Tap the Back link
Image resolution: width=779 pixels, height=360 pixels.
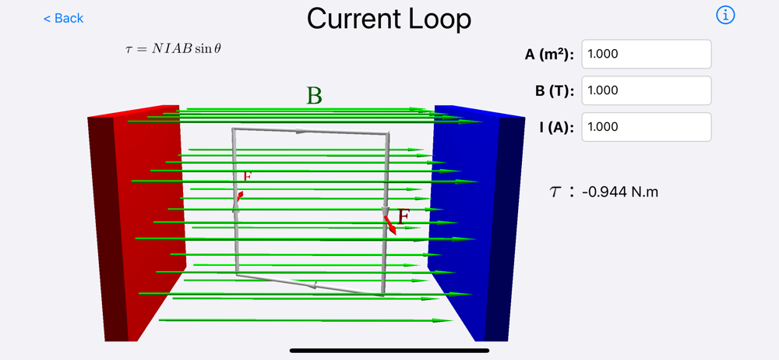pos(63,18)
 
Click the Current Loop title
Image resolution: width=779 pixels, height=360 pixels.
pos(389,19)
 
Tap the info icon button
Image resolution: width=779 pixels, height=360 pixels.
pos(725,15)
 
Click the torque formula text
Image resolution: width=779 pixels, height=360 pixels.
pos(173,48)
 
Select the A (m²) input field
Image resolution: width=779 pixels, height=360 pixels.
pos(646,55)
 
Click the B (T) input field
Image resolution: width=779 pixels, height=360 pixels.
pos(646,90)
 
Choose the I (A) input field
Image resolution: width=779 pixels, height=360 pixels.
pos(646,127)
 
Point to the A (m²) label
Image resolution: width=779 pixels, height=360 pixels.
pos(549,55)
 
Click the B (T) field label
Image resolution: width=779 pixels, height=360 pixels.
pos(555,90)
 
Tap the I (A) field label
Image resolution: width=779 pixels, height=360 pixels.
pos(556,127)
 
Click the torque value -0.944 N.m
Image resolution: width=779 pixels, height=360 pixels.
pos(619,191)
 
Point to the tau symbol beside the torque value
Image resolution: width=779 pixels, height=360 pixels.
pos(555,192)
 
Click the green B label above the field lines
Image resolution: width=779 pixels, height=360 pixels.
pos(314,96)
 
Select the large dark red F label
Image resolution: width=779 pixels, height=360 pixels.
pos(403,216)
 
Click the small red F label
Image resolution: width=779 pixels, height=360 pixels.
pos(247,177)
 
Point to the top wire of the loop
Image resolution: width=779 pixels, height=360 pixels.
pos(312,131)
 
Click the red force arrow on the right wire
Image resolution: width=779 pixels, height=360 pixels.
pos(389,225)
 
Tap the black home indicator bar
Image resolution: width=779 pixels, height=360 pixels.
pos(389,351)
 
